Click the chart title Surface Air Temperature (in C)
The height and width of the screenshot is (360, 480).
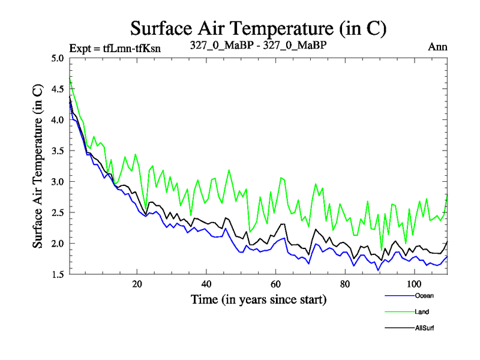click(x=257, y=28)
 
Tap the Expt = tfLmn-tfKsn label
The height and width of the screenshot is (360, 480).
click(x=115, y=47)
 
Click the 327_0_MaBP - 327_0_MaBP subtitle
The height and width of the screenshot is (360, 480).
click(x=258, y=46)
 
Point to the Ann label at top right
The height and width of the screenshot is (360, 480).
click(x=437, y=46)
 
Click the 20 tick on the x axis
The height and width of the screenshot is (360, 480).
click(x=137, y=284)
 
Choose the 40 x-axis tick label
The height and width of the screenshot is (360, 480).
click(x=206, y=284)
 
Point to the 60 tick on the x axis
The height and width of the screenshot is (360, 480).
click(x=276, y=284)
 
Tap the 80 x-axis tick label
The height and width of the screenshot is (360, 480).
click(x=345, y=284)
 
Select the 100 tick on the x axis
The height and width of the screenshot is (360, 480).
click(x=414, y=284)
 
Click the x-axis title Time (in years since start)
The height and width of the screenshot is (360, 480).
click(x=259, y=299)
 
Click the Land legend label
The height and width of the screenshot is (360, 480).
click(x=422, y=311)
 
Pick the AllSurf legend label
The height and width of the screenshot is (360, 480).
click(x=424, y=328)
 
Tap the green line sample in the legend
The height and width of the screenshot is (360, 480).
click(x=397, y=312)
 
